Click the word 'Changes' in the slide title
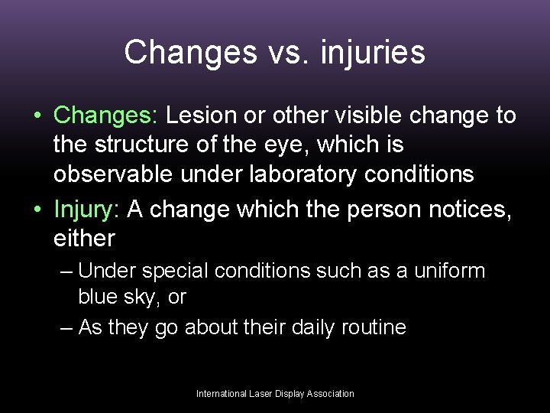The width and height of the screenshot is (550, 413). point(180,52)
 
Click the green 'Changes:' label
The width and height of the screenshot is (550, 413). point(105,115)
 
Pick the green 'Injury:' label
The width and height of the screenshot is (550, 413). point(87,208)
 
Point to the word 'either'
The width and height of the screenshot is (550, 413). point(84,238)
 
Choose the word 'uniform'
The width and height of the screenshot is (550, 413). point(450,271)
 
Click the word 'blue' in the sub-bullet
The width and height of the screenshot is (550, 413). point(101,296)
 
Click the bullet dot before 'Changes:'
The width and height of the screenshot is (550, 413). point(37,116)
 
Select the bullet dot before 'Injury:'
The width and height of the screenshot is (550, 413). point(37,209)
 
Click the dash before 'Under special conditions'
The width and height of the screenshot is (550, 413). point(66,272)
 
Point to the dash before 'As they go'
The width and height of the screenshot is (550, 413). point(66,328)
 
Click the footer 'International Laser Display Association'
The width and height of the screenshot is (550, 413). point(275,394)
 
